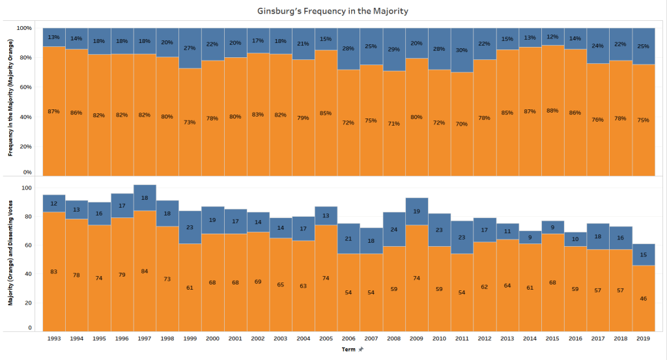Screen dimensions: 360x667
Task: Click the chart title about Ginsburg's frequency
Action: (x=333, y=10)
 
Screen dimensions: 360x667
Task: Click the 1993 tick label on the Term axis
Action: (x=54, y=339)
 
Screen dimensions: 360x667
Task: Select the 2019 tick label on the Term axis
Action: (x=644, y=339)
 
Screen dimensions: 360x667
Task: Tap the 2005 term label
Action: (x=326, y=339)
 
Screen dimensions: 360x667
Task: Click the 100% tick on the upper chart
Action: (x=24, y=29)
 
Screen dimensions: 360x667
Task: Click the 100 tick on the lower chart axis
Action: (x=27, y=188)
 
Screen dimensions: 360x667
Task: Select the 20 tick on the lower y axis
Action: (x=29, y=303)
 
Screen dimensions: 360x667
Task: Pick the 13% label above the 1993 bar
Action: (x=54, y=37)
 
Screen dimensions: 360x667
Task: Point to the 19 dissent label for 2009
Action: (x=417, y=212)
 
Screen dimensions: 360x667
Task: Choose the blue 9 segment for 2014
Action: (x=530, y=236)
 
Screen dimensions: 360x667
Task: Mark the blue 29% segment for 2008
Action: (x=394, y=50)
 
